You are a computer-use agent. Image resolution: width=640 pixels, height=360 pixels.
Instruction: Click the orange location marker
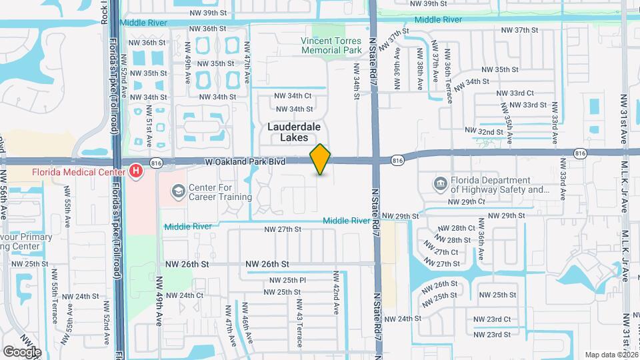pos(321,159)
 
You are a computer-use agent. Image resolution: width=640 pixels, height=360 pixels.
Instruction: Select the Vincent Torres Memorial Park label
pos(335,45)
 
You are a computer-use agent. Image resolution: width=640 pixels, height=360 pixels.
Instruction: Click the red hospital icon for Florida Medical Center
pos(137,172)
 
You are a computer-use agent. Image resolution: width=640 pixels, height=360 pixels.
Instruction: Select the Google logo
pos(21,351)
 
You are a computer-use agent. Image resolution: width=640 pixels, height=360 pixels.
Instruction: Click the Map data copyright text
pos(611,355)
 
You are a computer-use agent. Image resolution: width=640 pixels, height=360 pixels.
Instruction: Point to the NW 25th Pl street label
pos(285,280)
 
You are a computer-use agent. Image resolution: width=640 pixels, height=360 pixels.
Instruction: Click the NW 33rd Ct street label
pos(521,93)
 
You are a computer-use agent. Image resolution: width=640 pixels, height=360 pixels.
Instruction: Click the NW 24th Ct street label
pos(184,295)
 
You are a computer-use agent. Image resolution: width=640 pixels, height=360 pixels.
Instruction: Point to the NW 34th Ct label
pos(294,96)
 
